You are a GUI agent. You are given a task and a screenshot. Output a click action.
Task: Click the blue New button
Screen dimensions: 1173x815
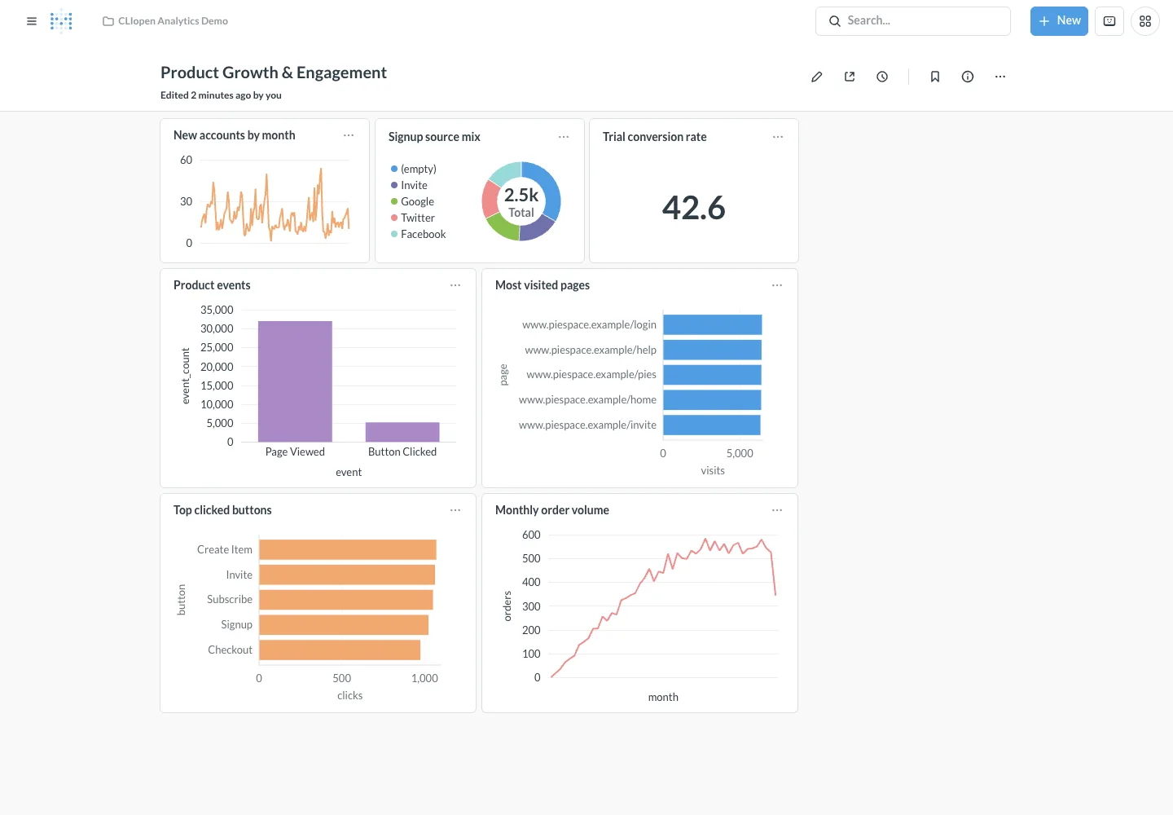coord(1059,21)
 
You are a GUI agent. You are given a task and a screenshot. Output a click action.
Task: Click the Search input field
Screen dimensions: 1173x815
coord(912,21)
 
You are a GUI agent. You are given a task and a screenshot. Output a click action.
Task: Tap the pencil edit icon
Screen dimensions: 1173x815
coord(816,77)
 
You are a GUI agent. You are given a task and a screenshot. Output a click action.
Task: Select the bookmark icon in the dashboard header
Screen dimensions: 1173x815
coord(935,77)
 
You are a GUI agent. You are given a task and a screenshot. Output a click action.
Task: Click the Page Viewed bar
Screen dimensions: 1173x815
coord(295,381)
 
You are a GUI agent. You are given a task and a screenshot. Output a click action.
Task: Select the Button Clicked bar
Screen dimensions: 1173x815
coord(402,432)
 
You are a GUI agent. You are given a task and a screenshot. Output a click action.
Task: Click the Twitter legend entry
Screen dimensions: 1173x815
coord(413,218)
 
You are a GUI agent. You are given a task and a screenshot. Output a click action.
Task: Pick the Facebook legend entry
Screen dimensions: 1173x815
coord(419,234)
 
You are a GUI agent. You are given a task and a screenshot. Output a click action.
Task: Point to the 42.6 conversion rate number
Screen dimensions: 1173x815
coord(693,207)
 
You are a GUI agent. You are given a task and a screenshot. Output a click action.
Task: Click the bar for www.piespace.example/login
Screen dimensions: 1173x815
coord(712,324)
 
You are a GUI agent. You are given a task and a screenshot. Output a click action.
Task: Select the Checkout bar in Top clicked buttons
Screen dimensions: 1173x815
coord(340,650)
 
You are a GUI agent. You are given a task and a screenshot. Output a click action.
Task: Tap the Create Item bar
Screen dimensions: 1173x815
coord(348,549)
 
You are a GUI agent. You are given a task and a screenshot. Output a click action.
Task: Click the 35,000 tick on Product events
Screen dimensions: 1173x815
coord(217,310)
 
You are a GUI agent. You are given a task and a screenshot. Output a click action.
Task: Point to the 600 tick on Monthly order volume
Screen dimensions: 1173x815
coord(531,535)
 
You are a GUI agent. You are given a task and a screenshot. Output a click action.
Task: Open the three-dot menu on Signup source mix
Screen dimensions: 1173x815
coord(564,137)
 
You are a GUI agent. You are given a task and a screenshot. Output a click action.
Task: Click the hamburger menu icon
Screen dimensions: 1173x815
coord(32,21)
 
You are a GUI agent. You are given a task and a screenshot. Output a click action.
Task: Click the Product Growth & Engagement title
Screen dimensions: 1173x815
coord(274,73)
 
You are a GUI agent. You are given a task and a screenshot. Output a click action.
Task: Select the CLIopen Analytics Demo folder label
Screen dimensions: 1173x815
coord(173,21)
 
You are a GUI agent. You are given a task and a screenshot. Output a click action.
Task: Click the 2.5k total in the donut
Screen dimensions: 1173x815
coord(521,195)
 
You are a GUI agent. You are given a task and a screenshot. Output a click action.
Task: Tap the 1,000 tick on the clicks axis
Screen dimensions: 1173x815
coord(424,678)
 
